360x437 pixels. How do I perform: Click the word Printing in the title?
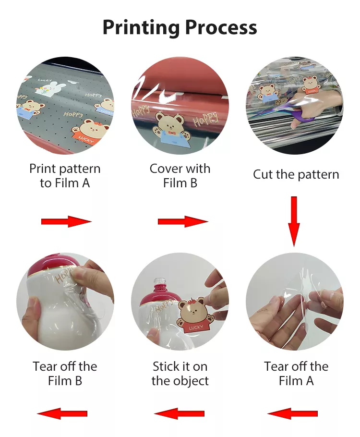tap(141, 27)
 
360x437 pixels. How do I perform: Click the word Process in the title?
tap(221, 27)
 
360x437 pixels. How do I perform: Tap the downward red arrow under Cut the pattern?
tap(294, 221)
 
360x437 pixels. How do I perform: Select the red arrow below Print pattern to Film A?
tap(66, 221)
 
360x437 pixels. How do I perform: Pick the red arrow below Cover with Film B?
tap(183, 221)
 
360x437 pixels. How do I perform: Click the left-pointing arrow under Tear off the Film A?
tap(292, 413)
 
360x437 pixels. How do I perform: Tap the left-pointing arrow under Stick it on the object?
tap(179, 413)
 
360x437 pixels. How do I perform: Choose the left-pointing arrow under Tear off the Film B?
tap(62, 413)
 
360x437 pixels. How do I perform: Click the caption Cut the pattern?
tap(296, 175)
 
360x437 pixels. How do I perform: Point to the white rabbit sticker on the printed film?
tap(50, 87)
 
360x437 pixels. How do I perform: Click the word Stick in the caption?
tap(166, 366)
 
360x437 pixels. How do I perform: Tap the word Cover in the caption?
tap(166, 169)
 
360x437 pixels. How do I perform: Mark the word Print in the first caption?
tap(43, 169)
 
